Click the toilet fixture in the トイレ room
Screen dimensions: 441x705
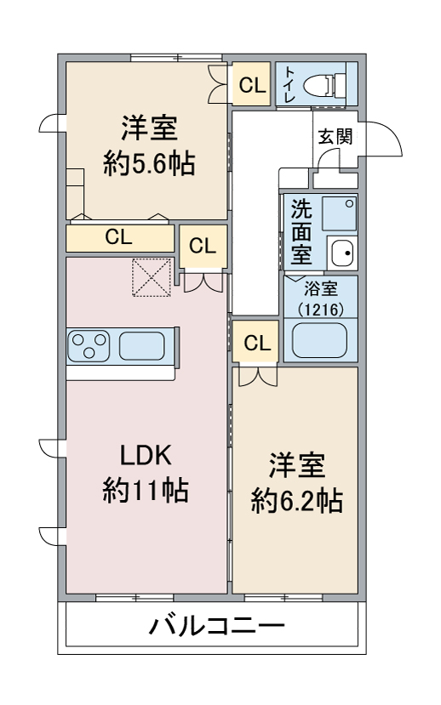(x=324, y=84)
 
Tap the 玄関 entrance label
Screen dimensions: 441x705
(x=335, y=136)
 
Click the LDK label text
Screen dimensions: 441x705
(x=146, y=455)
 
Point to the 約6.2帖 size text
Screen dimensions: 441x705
(x=297, y=500)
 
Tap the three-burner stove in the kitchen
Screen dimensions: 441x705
(x=89, y=346)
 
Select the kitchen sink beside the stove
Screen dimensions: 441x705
(x=141, y=346)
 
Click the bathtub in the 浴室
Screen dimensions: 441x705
(x=320, y=340)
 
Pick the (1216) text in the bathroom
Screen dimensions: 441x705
(x=321, y=310)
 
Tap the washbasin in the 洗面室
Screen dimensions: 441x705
(x=342, y=253)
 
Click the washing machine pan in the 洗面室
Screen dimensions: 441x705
(x=340, y=214)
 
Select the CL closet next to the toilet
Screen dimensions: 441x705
(x=251, y=84)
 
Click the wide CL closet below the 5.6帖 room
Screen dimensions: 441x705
(x=120, y=238)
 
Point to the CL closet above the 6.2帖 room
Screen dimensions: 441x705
(x=256, y=343)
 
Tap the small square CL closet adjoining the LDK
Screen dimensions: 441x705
(x=203, y=247)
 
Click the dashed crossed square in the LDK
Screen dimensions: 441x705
(x=152, y=277)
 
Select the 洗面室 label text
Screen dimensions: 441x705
(x=301, y=231)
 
